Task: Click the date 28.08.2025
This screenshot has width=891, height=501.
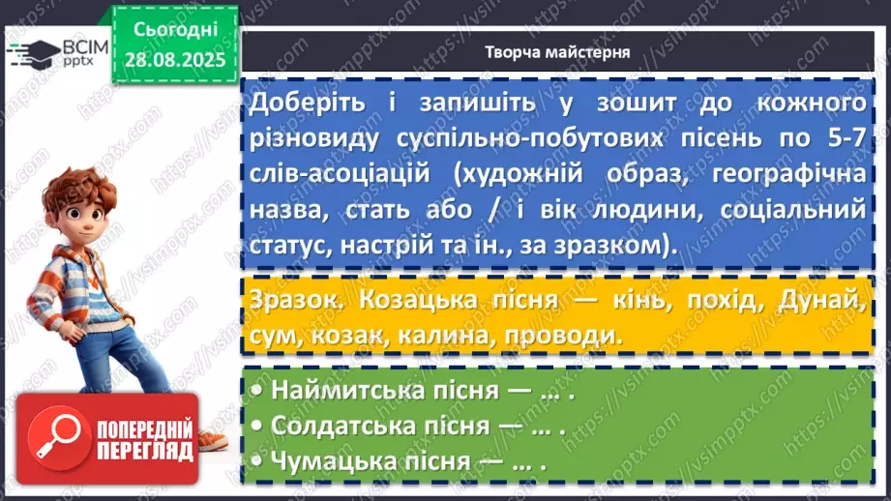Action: point(174,59)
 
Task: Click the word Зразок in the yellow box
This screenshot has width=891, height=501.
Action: point(290,299)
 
